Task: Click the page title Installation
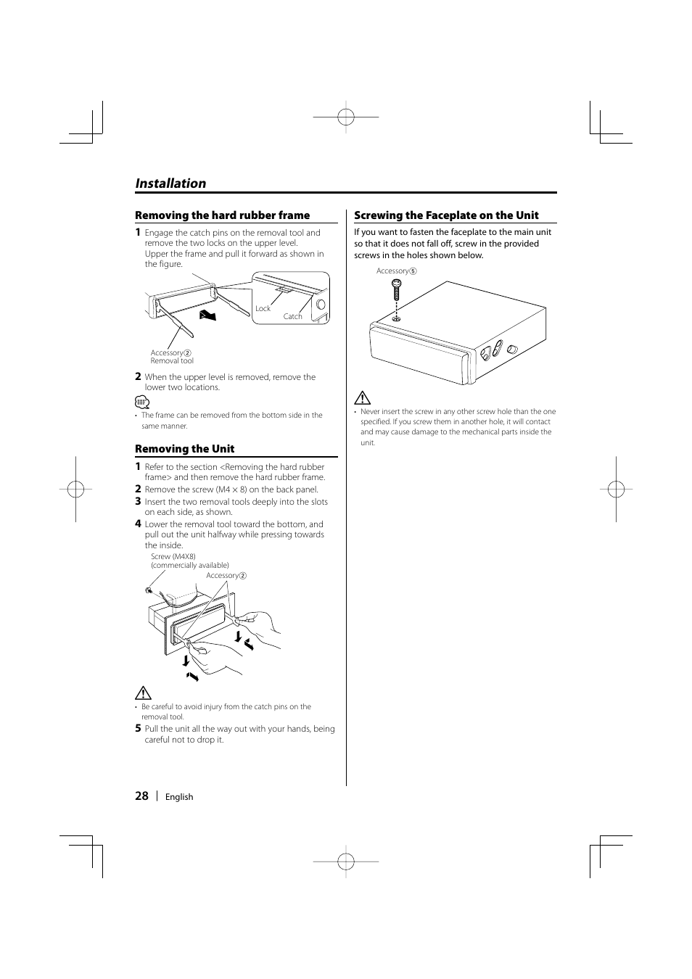coord(170,183)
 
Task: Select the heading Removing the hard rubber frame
coord(222,215)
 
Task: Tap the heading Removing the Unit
coord(184,449)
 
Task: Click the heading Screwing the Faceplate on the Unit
coord(446,215)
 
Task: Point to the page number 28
coord(141,796)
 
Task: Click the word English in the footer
coord(179,797)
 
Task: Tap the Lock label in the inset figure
coord(263,308)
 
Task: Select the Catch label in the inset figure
coord(292,316)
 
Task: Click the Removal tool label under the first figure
coord(172,360)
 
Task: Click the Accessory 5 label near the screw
coord(396,270)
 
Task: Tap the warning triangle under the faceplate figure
coord(363,397)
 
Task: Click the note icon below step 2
coord(142,402)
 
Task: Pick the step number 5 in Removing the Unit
coord(138,729)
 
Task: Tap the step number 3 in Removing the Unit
coord(138,501)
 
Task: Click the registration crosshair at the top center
coord(346,116)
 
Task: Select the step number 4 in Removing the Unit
coord(138,524)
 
